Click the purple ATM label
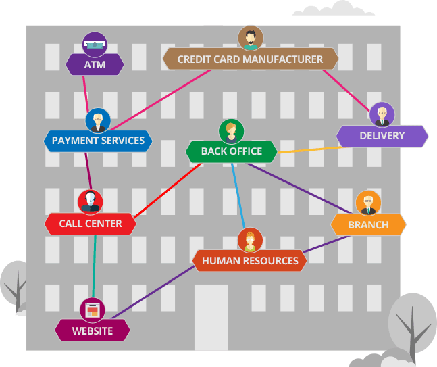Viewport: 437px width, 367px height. coord(95,64)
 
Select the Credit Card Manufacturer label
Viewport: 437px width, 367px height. coord(250,59)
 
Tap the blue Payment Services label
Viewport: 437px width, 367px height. coord(98,141)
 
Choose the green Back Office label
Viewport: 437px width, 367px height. coord(231,151)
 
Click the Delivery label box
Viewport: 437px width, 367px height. coord(382,136)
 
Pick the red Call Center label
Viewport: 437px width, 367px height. coord(90,224)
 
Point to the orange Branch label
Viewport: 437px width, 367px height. coord(368,224)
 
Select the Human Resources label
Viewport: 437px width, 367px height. coord(250,260)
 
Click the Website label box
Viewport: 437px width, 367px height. coord(93,331)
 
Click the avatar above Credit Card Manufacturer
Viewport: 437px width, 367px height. coord(251,38)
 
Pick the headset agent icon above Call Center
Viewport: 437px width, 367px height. coord(90,201)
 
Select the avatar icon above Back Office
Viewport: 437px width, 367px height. coord(231,130)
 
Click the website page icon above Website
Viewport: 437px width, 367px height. coord(93,310)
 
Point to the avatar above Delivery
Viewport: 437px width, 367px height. coord(382,115)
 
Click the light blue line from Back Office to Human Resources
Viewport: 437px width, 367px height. coord(238,196)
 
